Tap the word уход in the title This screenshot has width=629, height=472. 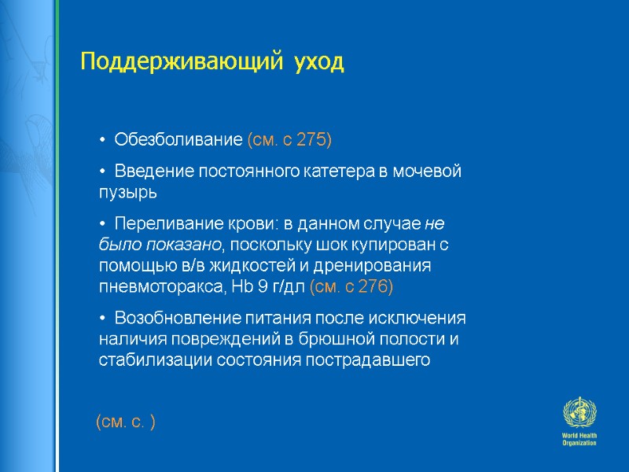pos(319,62)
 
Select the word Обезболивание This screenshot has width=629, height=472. pos(178,140)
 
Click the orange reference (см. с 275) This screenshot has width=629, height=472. pos(289,140)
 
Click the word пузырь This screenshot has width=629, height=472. pos(128,190)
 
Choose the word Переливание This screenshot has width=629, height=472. pos(161,223)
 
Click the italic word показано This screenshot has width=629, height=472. pos(175,244)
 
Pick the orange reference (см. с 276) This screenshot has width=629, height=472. pos(351,286)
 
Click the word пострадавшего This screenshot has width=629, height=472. pos(373,361)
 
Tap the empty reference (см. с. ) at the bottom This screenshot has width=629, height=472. pos(125,423)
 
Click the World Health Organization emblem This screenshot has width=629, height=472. pos(579,415)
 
